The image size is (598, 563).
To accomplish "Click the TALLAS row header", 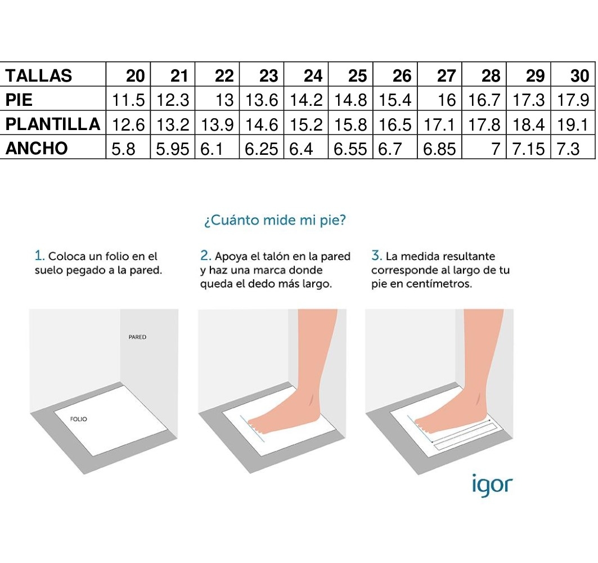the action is tap(38, 75).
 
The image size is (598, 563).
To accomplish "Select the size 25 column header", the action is tap(357, 75).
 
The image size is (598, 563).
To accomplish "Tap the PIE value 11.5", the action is tap(128, 100).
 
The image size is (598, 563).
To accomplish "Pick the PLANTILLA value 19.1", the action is tap(573, 124).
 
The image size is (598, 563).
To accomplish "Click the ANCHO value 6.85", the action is tap(439, 149).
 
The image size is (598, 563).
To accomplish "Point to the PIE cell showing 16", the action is tap(447, 100).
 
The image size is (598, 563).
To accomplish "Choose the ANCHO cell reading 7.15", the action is tap(528, 149).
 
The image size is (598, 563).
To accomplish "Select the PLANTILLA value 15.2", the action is tap(306, 124).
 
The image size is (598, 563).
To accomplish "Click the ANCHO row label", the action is tap(37, 149).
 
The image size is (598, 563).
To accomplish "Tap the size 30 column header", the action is tap(579, 75).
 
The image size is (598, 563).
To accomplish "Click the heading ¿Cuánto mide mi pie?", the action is tap(275, 220).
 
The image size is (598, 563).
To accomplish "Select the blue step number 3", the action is tap(376, 256).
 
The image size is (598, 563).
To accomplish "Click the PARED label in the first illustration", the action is tap(137, 337).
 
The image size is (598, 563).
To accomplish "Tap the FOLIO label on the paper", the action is tap(79, 419).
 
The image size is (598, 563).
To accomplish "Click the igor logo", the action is tap(492, 485).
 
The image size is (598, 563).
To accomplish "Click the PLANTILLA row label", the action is tap(53, 124).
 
